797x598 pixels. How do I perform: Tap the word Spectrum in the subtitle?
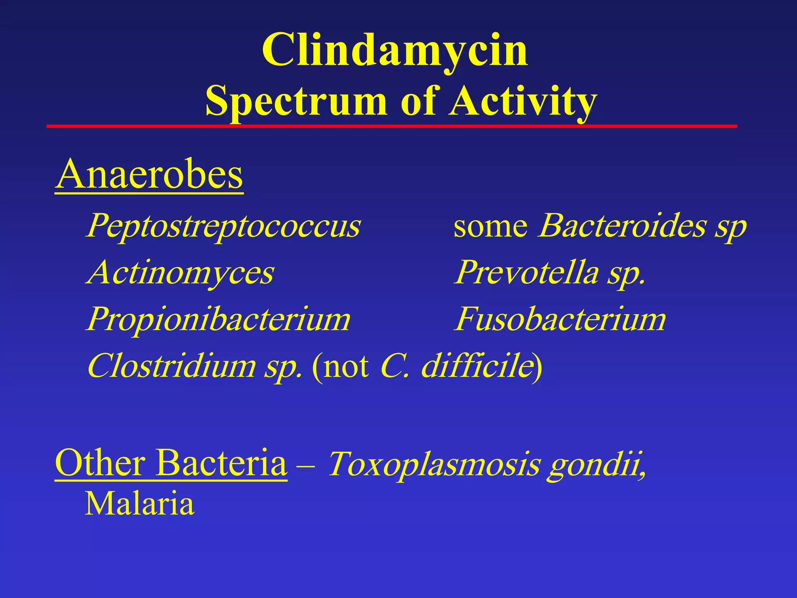pyautogui.click(x=296, y=101)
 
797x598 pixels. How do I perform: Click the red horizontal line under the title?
pyautogui.click(x=391, y=126)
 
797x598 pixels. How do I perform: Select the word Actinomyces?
pyautogui.click(x=180, y=273)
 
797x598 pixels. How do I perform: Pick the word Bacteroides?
pyautogui.click(x=623, y=226)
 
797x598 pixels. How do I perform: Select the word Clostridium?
pyautogui.click(x=172, y=366)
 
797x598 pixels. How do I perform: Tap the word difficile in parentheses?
pyautogui.click(x=477, y=366)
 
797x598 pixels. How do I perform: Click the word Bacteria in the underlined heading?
pyautogui.click(x=221, y=463)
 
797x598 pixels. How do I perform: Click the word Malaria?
pyautogui.click(x=139, y=504)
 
